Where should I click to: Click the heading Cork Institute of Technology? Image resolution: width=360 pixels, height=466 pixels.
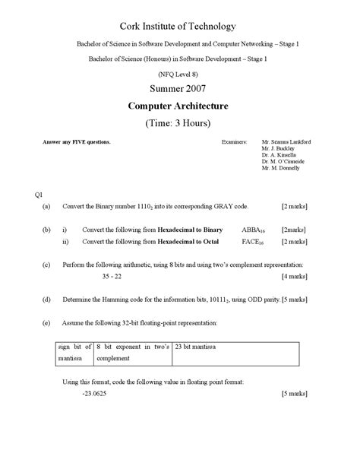pos(179,27)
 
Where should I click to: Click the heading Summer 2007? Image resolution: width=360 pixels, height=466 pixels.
pos(179,90)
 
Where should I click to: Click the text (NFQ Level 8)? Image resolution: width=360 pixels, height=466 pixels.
pos(179,74)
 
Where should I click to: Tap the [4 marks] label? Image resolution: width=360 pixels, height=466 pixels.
pos(293,276)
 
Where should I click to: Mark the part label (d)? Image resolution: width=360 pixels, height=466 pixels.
pos(47,300)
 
